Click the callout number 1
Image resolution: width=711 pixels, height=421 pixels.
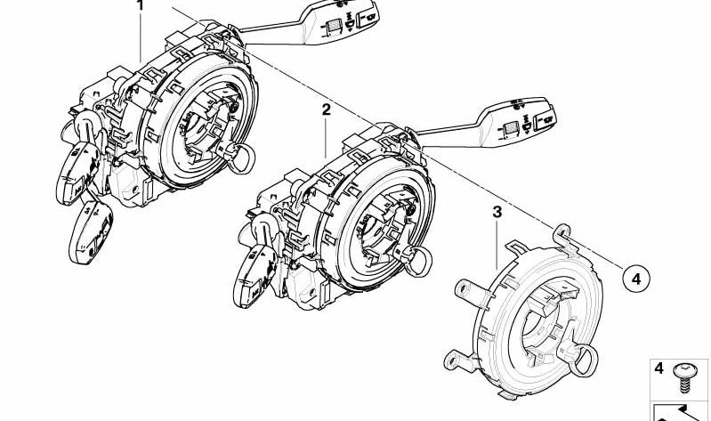140,5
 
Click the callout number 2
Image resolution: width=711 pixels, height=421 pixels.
327,109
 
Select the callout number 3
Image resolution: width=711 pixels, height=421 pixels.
497,212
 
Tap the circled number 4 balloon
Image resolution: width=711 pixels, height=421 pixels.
635,279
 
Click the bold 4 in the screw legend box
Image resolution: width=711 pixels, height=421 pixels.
658,368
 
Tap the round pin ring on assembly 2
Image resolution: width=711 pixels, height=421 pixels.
418,263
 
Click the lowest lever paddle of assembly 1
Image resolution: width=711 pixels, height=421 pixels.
91,232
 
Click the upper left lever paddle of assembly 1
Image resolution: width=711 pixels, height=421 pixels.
78,173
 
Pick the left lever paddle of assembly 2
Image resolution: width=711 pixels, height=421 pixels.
255,276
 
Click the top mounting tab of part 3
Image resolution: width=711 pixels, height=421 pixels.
562,236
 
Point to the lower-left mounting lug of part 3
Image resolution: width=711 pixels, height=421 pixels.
459,360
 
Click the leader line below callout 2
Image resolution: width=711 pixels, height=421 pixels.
326,137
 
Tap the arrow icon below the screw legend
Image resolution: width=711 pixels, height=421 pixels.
679,412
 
